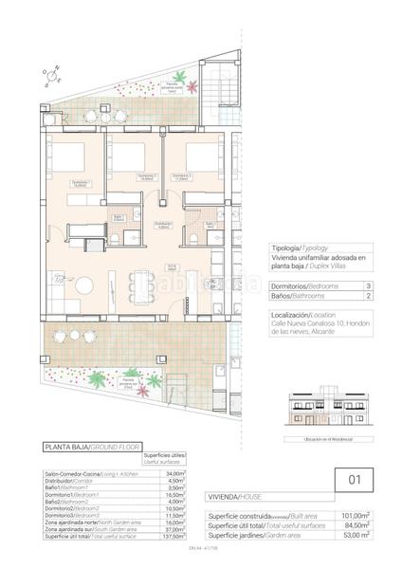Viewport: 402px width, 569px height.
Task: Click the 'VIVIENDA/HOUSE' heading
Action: (231, 496)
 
